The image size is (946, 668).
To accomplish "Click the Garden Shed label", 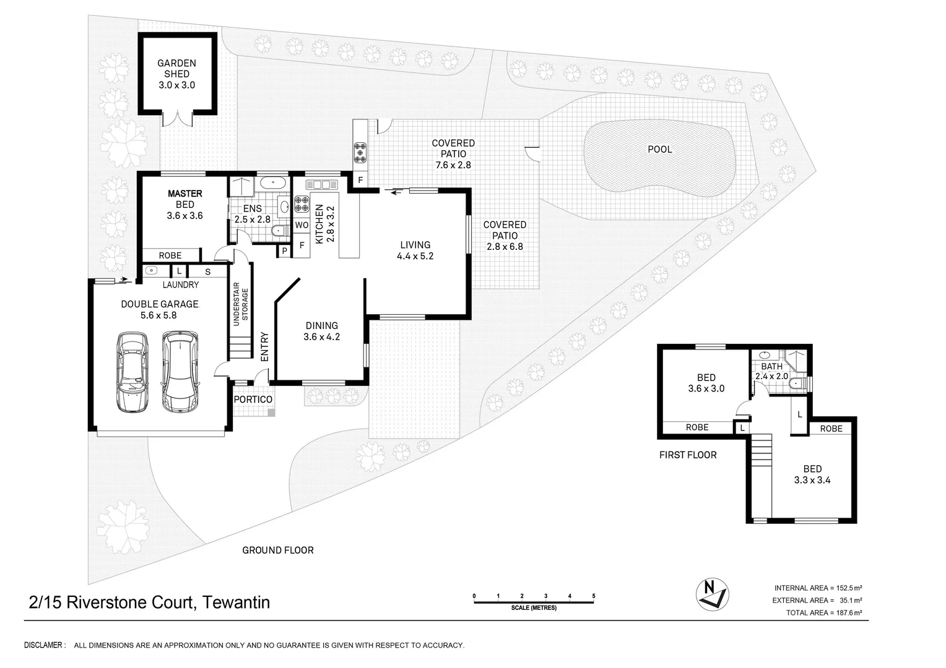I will [x=176, y=68].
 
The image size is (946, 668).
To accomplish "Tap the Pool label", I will [x=659, y=149].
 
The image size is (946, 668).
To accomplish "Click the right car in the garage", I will [x=180, y=371].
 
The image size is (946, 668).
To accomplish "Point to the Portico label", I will [x=253, y=400].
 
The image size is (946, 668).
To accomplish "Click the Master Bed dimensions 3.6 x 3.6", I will [x=184, y=216].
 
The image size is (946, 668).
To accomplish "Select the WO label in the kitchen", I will [x=302, y=225].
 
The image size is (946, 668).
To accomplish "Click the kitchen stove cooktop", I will [x=302, y=204].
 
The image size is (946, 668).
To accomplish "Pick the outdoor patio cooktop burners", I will [x=360, y=152].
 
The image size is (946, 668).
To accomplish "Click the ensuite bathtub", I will [x=272, y=183].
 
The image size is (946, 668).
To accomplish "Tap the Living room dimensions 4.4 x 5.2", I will [x=415, y=255].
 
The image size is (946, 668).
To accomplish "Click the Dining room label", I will [x=321, y=325].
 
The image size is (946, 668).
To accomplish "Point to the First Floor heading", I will [x=688, y=455].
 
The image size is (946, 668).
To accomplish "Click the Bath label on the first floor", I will [x=771, y=367].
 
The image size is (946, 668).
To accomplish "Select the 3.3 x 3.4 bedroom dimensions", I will [x=812, y=479].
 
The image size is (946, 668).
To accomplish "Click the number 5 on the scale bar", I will [x=593, y=596].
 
